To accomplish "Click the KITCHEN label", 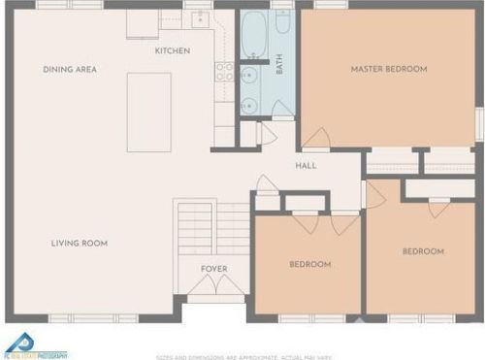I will (x=172, y=50).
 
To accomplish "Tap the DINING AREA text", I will (x=70, y=70).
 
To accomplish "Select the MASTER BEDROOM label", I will (x=389, y=69).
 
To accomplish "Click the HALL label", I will (x=307, y=165).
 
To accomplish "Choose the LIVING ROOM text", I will (x=80, y=244).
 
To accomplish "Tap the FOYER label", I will (x=214, y=268).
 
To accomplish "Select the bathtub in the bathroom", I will (x=254, y=35).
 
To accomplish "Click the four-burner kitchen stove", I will (x=224, y=71).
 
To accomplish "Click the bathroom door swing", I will (x=267, y=133).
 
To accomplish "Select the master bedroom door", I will (x=314, y=140).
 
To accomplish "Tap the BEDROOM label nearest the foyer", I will (x=310, y=264).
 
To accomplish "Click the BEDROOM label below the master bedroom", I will (x=423, y=251).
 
